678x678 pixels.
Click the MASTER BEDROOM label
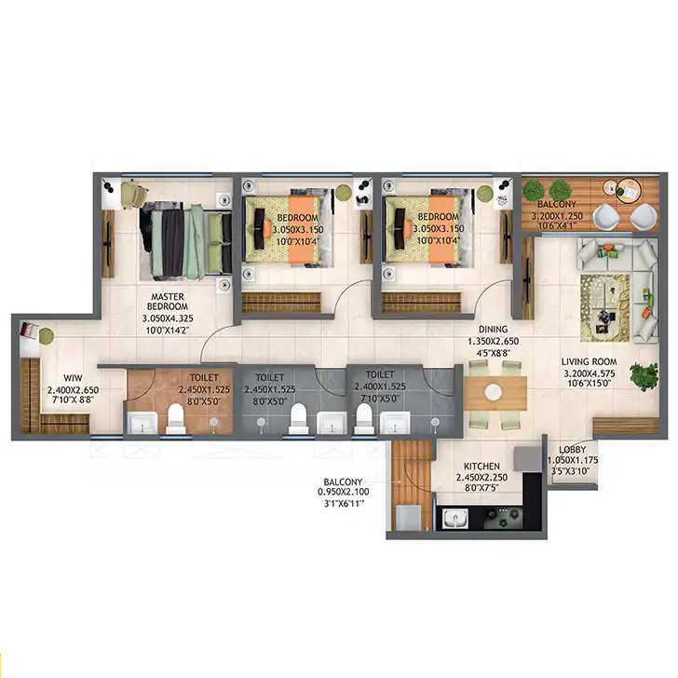point(168,302)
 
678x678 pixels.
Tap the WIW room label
point(73,378)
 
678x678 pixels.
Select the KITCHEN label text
point(481,467)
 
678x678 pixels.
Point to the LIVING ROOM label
point(589,362)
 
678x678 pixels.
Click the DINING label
point(493,330)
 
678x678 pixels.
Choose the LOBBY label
point(572,450)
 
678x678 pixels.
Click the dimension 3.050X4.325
point(168,319)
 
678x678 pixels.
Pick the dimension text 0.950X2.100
point(344,492)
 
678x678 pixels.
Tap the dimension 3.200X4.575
point(589,373)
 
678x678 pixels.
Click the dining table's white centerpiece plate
point(493,392)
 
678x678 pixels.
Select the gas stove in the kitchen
point(503,518)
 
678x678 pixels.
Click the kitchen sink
point(454,518)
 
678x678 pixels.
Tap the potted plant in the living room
point(644,376)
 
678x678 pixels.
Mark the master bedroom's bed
point(186,241)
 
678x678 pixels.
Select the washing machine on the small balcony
point(408,518)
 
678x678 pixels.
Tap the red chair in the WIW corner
point(30,331)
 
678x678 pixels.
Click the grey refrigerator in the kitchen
point(527,459)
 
